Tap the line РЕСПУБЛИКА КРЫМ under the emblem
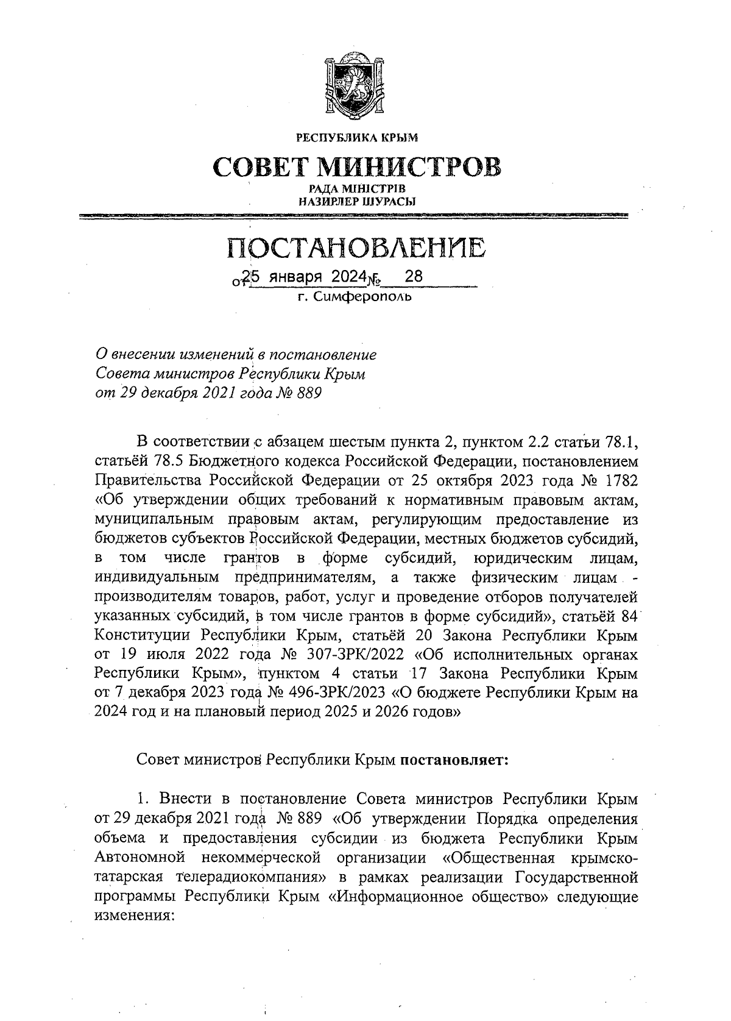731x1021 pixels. coord(356,138)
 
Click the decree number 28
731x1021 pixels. coord(414,277)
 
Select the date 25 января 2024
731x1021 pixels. coord(305,277)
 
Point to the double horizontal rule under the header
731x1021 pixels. coord(356,216)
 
